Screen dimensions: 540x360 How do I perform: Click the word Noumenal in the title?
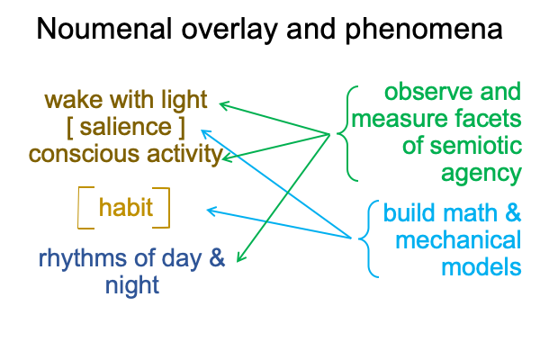pyautogui.click(x=104, y=29)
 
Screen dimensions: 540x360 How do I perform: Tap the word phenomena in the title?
pyautogui.click(x=424, y=31)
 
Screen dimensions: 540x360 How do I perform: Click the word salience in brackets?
pyautogui.click(x=126, y=126)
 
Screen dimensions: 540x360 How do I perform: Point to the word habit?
pyautogui.click(x=126, y=207)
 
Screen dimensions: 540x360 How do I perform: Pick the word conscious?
pyautogui.click(x=84, y=154)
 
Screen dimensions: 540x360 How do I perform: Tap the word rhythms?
pyautogui.click(x=82, y=258)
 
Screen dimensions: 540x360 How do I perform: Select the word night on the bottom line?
pyautogui.click(x=132, y=285)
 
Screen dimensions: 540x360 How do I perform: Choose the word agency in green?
pyautogui.click(x=481, y=175)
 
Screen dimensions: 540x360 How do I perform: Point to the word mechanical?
pyautogui.click(x=458, y=240)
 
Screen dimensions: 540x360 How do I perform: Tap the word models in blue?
pyautogui.click(x=481, y=267)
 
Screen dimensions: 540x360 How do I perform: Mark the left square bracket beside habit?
pyautogui.click(x=78, y=208)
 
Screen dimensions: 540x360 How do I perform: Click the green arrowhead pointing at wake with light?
pyautogui.click(x=224, y=104)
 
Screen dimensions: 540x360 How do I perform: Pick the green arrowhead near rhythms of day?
pyautogui.click(x=240, y=257)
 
